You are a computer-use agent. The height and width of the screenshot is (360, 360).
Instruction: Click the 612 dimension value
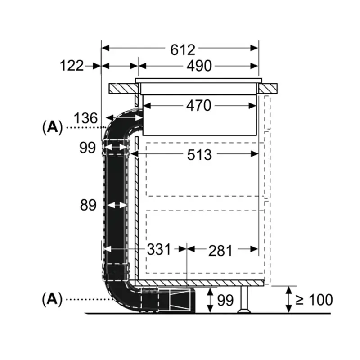(x=183, y=50)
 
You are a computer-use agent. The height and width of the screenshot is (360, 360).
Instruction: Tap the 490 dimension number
(x=199, y=66)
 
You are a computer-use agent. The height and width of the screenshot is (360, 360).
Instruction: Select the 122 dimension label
(x=72, y=66)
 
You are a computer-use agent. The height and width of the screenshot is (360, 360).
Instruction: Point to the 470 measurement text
(x=199, y=106)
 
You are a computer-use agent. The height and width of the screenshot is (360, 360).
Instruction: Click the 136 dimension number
(x=85, y=118)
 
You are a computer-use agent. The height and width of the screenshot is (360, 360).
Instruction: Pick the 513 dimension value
(x=199, y=155)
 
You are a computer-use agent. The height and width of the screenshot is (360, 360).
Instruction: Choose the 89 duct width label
(x=88, y=205)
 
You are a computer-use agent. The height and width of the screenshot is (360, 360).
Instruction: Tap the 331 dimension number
(x=159, y=249)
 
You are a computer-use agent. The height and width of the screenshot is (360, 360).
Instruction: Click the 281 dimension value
(x=220, y=251)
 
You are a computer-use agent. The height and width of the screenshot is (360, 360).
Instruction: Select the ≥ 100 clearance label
(x=314, y=300)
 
